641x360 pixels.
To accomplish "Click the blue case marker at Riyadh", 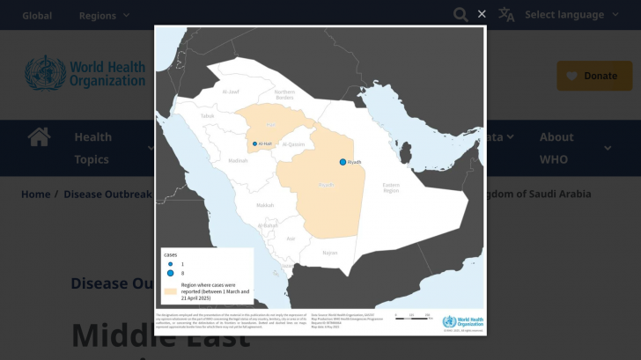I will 343,162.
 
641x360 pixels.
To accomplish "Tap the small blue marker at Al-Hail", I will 255,143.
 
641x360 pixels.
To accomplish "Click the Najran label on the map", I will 329,253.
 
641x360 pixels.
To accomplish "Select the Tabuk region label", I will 207,115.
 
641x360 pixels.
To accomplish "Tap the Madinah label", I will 238,161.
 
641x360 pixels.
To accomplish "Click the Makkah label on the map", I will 264,205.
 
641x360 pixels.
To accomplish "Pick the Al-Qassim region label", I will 295,143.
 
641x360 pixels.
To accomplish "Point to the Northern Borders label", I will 284,95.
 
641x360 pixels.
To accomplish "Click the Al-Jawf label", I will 231,92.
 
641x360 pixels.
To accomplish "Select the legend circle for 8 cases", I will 171,274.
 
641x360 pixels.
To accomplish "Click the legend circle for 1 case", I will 171,263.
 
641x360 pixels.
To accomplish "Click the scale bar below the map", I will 411,319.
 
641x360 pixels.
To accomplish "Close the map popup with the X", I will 482,14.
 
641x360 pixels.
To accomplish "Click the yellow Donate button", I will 594,76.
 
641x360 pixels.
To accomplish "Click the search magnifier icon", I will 460,14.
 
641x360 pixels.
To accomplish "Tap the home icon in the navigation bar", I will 39,137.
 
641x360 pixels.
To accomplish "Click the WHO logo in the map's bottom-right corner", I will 462,322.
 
